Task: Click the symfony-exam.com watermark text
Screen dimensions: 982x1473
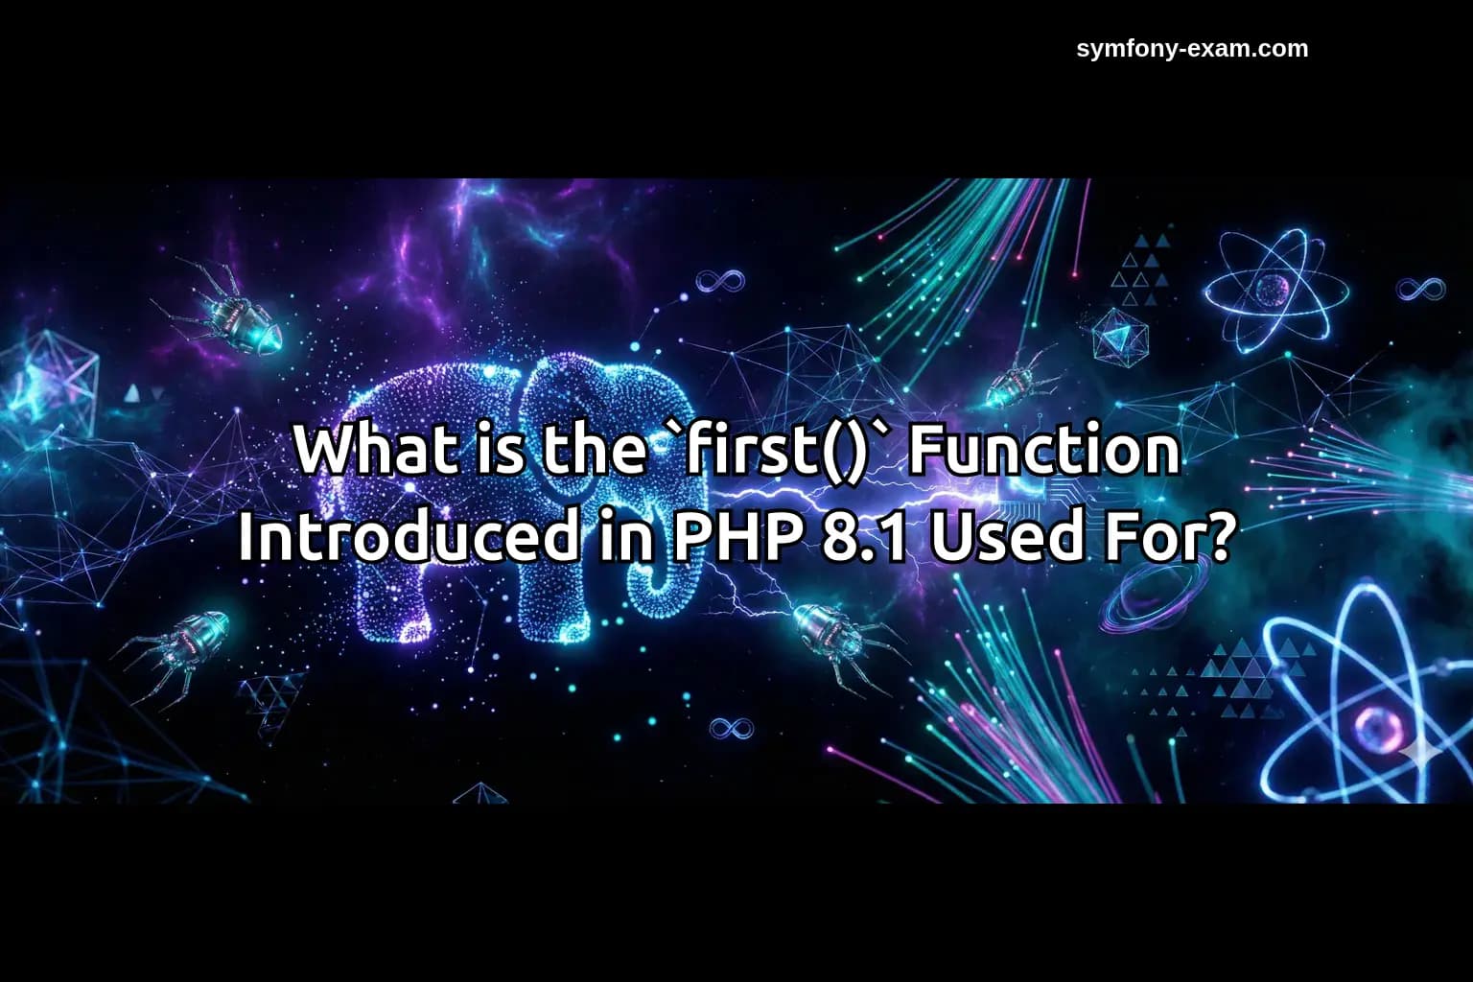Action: (1192, 49)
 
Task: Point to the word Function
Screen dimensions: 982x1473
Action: (1043, 450)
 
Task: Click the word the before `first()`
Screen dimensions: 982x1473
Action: (594, 450)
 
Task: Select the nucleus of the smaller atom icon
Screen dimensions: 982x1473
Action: (1273, 288)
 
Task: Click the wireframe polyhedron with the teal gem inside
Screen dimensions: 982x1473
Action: (1119, 336)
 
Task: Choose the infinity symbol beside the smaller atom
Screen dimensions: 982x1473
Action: (1420, 288)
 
